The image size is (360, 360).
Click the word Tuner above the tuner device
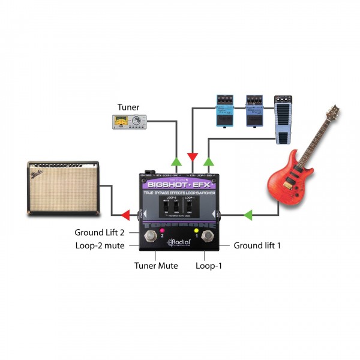click(128, 107)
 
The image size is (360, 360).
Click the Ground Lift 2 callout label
click(99, 232)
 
